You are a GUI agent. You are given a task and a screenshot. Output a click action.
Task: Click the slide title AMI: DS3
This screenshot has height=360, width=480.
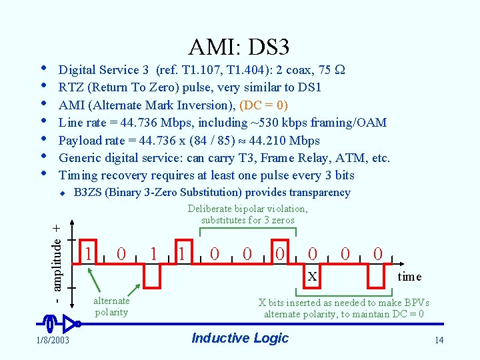click(239, 47)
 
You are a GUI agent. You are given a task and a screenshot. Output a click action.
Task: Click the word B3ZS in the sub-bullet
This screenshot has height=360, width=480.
click(88, 193)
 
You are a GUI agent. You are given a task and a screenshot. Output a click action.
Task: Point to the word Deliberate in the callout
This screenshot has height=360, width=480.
click(212, 209)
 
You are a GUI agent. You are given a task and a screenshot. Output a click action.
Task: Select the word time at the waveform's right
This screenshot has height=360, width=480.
click(409, 277)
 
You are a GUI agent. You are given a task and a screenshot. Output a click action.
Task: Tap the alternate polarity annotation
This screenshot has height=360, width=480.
click(111, 307)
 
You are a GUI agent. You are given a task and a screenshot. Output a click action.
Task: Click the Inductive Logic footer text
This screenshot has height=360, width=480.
click(240, 338)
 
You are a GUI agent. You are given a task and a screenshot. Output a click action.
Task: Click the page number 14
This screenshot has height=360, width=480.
click(438, 341)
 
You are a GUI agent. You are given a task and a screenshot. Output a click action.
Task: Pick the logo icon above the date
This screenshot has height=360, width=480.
click(59, 324)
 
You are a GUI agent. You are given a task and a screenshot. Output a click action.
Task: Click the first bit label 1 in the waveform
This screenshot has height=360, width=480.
click(88, 253)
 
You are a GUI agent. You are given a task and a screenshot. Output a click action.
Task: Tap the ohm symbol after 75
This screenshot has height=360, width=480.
click(338, 70)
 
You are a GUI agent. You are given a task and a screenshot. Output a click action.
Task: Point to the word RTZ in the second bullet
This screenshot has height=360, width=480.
click(71, 87)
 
